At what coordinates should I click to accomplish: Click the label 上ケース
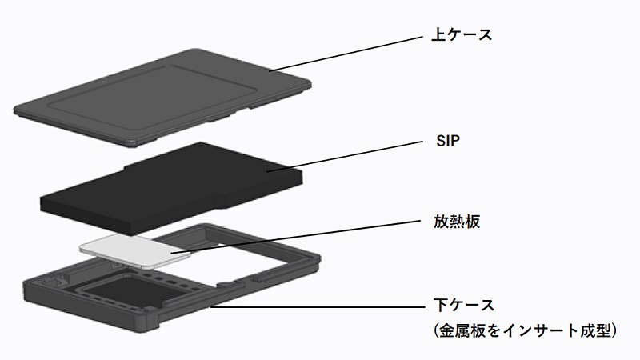[462, 34]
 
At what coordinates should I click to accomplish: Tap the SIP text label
[448, 141]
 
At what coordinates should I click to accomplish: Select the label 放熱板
[457, 222]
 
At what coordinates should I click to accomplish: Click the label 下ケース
[464, 305]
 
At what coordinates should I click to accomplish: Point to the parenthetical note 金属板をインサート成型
[525, 330]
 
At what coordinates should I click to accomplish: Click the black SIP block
[171, 189]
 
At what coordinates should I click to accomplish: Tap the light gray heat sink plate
[134, 250]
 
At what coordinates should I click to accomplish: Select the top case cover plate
[162, 98]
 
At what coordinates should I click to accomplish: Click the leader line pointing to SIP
[344, 156]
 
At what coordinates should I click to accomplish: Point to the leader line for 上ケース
[346, 54]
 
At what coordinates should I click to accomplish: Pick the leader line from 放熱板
[295, 237]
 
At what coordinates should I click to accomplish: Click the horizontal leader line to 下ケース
[318, 306]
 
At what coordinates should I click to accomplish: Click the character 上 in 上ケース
[438, 34]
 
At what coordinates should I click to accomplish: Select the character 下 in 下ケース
[441, 305]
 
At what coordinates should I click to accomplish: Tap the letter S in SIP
[441, 141]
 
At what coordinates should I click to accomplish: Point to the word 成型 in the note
[594, 330]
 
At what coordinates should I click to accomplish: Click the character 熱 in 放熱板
[457, 222]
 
